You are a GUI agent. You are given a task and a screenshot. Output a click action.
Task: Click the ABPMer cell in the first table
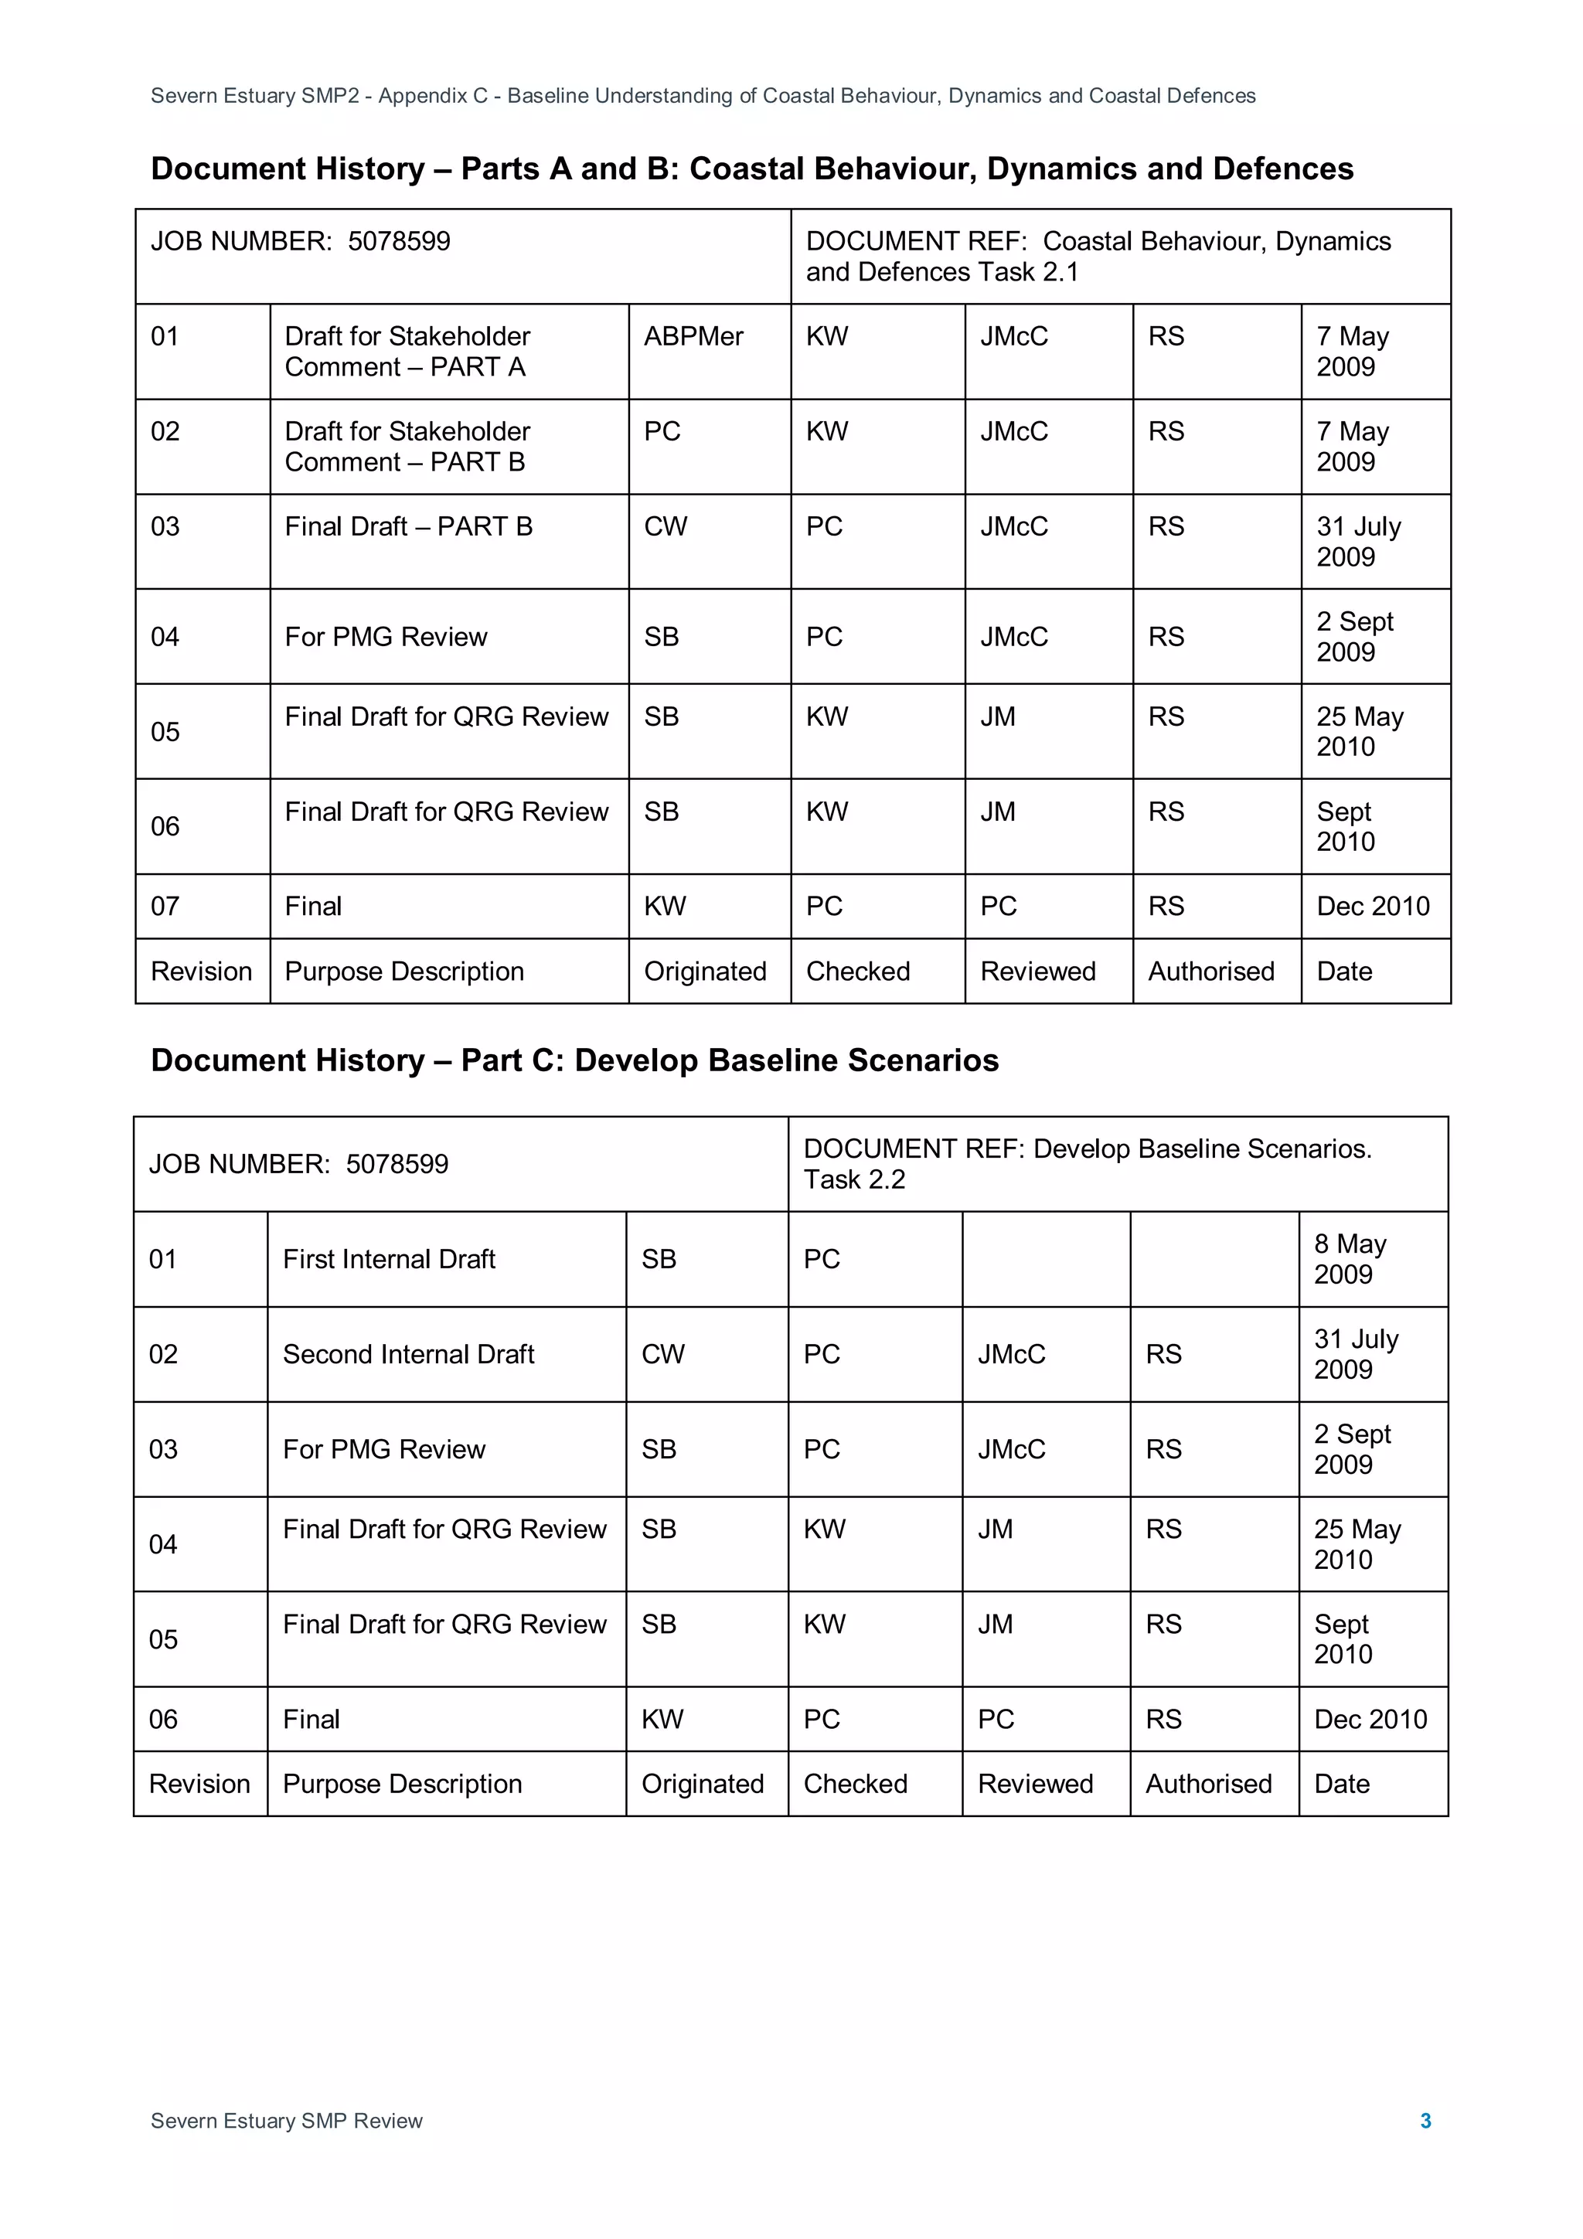693,336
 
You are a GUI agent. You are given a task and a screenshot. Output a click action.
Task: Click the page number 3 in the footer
1425,2120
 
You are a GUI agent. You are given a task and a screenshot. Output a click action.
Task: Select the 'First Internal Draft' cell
388,1259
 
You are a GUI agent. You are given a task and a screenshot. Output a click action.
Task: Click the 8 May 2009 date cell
1349,1259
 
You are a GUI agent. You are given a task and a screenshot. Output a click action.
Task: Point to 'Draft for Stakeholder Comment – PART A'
407,351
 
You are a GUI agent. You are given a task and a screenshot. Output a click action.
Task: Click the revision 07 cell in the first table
165,906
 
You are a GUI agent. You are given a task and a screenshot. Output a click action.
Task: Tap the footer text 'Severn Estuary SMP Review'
286,2120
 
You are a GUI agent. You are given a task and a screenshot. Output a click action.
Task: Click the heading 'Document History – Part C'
574,1060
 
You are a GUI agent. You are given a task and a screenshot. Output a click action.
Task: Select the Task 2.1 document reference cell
1098,257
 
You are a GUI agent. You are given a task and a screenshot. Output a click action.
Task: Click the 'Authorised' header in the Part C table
1208,1784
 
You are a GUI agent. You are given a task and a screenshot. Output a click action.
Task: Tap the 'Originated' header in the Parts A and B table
704,971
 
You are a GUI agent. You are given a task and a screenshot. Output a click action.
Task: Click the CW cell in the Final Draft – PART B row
666,526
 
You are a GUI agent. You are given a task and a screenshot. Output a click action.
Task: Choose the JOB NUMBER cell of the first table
301,242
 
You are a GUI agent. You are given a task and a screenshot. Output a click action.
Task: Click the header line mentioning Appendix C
703,96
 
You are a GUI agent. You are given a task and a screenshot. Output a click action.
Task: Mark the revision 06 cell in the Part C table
163,1719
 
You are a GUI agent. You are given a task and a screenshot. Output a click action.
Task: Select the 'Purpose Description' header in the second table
402,1784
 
